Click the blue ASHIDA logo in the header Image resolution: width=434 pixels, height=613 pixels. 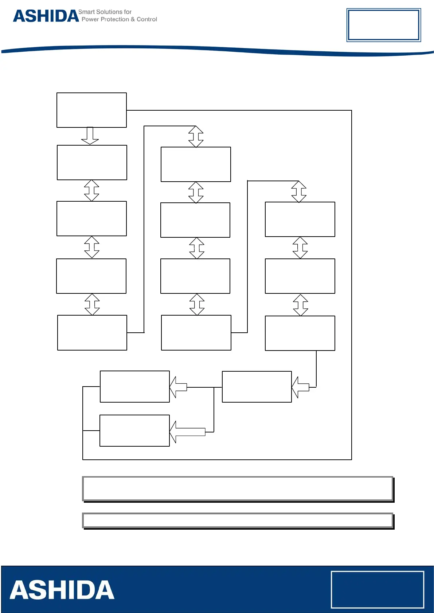46,16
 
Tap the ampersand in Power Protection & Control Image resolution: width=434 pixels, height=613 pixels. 133,19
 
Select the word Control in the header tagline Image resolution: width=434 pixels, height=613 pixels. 146,19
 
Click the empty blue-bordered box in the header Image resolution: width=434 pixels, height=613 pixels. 383,25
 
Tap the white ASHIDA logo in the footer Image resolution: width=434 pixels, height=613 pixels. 62,590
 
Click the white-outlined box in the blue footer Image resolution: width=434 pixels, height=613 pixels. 377,589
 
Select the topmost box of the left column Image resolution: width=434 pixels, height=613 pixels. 91,110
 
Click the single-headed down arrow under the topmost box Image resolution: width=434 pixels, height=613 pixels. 90,136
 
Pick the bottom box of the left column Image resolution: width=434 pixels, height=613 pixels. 92,333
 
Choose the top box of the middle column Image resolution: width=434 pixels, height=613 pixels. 196,164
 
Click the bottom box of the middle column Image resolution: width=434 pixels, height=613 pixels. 196,333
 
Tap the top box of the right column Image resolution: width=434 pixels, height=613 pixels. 300,219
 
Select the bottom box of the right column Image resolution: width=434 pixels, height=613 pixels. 300,333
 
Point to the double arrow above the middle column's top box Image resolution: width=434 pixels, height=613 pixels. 196,137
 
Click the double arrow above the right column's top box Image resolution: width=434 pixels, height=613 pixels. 299,191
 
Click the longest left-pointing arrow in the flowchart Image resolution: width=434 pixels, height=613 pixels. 187,432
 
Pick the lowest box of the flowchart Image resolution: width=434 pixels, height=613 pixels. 134,431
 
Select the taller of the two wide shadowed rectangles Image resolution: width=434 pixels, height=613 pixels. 238,489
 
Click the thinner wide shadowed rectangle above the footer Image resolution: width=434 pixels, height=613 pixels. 238,520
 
